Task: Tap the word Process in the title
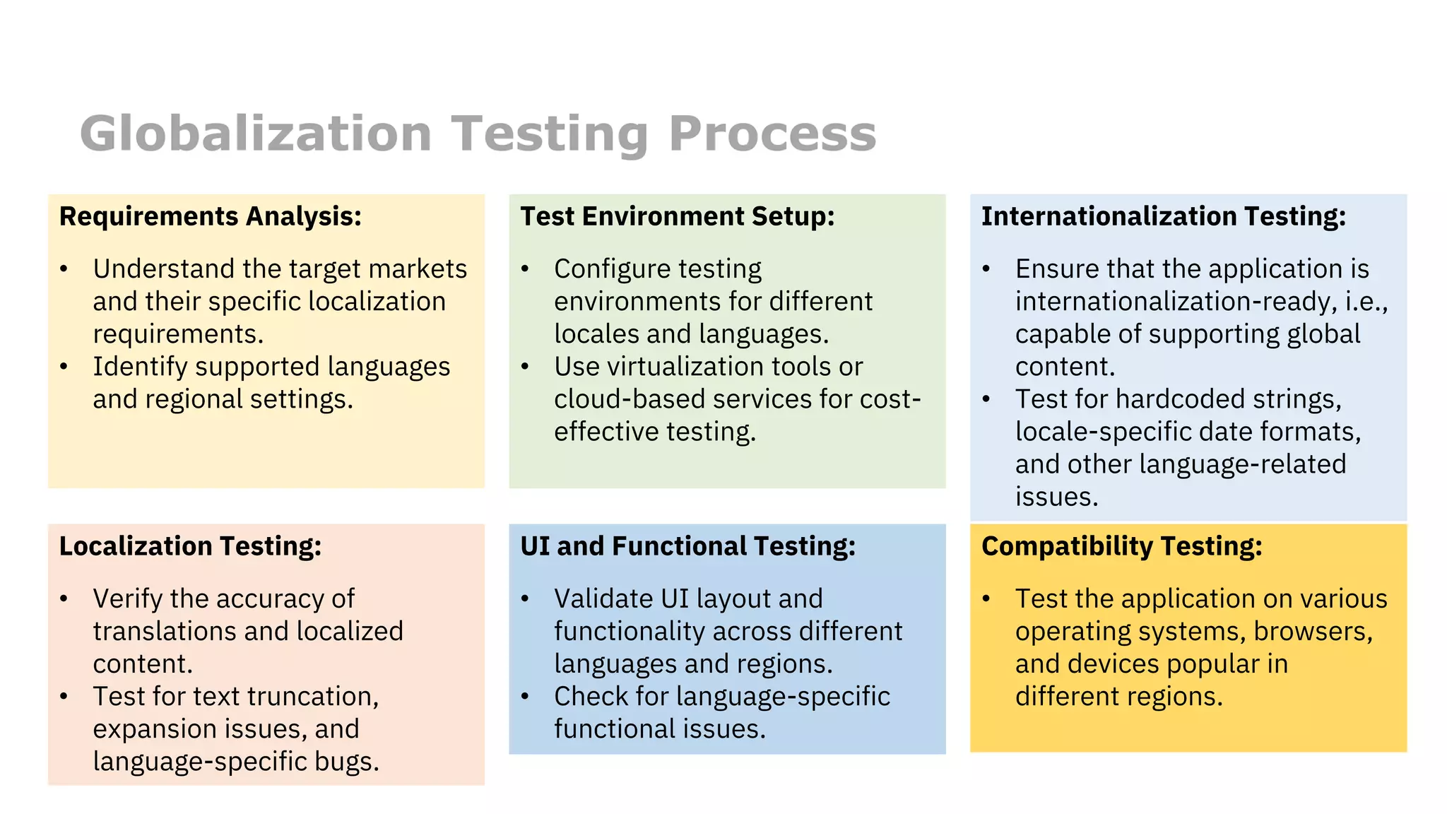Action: pos(772,134)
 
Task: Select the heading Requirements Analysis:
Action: pos(211,216)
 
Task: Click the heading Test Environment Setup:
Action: pos(677,216)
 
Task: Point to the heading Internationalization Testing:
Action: pos(1164,216)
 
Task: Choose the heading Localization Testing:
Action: pos(190,546)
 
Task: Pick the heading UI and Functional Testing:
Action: pos(687,546)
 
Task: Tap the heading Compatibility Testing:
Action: pos(1121,546)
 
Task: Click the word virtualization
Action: pos(682,367)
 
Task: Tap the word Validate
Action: pos(603,599)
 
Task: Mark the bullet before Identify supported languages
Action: pos(64,367)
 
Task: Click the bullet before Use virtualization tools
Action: pos(525,367)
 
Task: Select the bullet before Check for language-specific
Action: pos(525,697)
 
